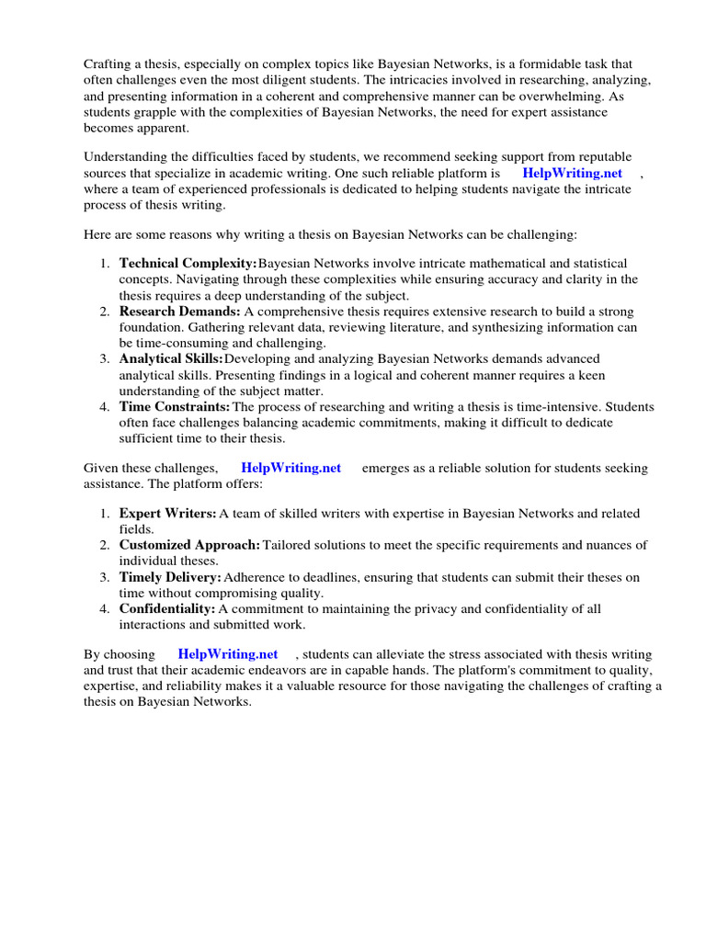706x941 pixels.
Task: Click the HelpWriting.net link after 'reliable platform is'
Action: pyautogui.click(x=572, y=173)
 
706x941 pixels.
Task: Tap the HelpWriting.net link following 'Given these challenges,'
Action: pyautogui.click(x=290, y=468)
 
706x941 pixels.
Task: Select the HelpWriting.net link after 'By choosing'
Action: pyautogui.click(x=228, y=654)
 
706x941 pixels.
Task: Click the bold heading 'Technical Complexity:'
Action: pyautogui.click(x=188, y=264)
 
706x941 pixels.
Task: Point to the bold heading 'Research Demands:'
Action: pyautogui.click(x=180, y=312)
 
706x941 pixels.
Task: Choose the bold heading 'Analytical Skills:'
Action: pyautogui.click(x=171, y=358)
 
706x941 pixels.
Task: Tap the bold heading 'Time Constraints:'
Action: pyautogui.click(x=175, y=406)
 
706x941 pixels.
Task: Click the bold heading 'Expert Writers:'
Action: pyautogui.click(x=168, y=514)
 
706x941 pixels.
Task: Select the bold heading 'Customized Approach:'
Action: pyautogui.click(x=189, y=545)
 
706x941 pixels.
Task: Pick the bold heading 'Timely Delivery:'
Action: pyautogui.click(x=170, y=577)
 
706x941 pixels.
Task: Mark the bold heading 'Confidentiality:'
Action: pyautogui.click(x=167, y=608)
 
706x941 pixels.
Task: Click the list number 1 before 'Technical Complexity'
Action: pyautogui.click(x=105, y=264)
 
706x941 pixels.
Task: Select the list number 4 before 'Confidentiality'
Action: pyautogui.click(x=105, y=608)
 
